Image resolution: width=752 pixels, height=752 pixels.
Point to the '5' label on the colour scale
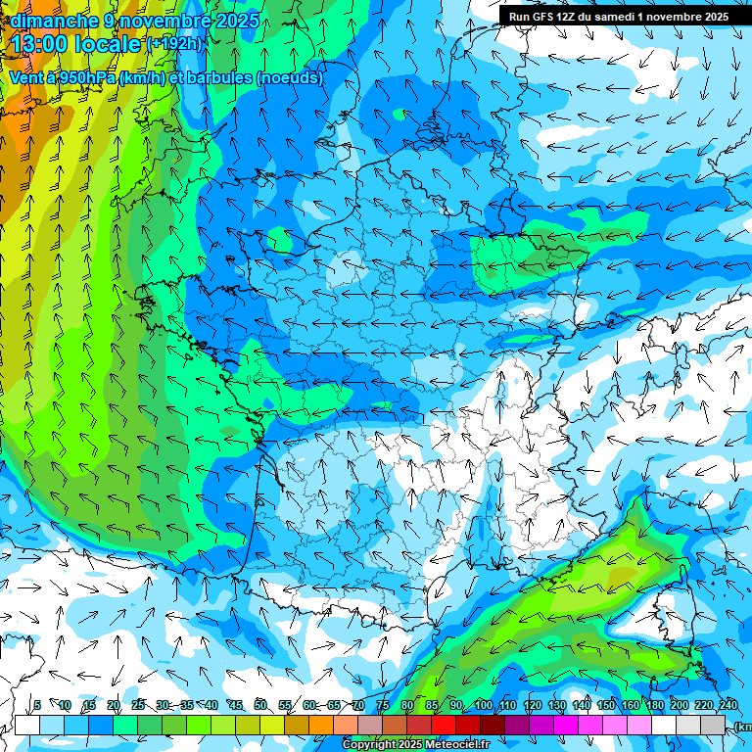tap(37, 705)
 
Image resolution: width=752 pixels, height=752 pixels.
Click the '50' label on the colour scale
tap(260, 705)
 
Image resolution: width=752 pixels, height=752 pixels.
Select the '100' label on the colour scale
tap(483, 705)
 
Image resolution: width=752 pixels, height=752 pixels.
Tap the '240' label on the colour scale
tap(728, 705)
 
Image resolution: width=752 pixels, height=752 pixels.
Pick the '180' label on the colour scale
tap(654, 705)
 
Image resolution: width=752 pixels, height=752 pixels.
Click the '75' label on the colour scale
tap(383, 705)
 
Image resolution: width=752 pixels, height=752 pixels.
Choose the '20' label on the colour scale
tap(113, 705)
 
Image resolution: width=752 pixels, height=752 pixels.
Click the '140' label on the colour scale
tap(582, 705)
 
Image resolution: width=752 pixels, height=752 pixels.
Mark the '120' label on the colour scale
tap(533, 705)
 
